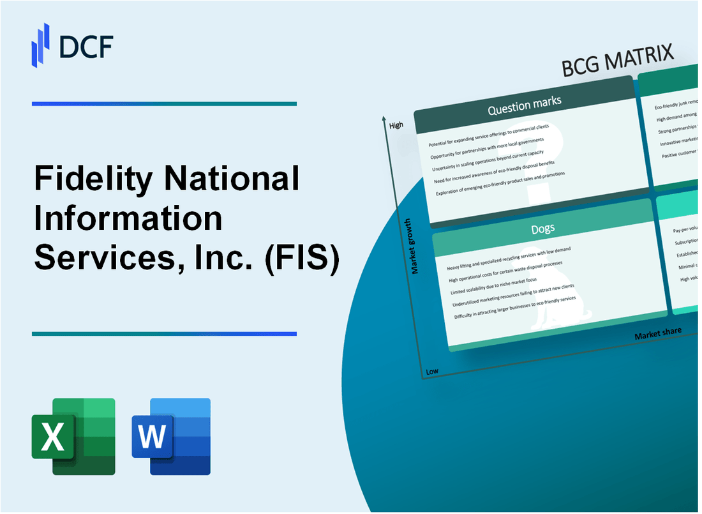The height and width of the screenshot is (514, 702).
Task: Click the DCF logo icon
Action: coord(40,44)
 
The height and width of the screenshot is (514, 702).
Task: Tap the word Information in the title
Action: coord(128,219)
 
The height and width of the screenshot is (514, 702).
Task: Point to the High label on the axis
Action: coord(396,125)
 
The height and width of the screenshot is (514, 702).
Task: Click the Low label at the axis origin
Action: coord(432,371)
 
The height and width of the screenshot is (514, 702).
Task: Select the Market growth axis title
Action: coord(415,246)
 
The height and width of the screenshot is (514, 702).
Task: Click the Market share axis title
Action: coord(657,333)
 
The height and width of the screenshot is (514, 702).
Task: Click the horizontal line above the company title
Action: coord(164,103)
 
